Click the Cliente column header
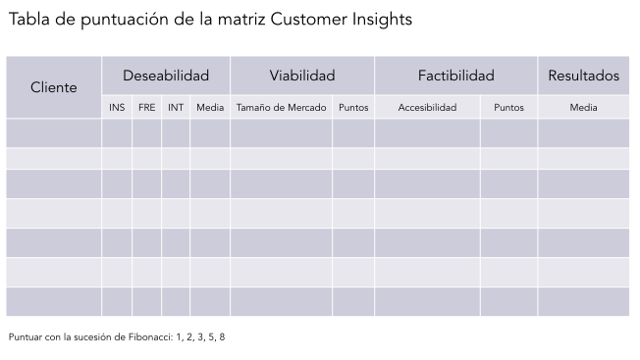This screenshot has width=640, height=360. pos(54,87)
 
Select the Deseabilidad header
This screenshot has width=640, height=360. pos(166,76)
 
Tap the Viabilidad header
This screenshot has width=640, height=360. pos(302,76)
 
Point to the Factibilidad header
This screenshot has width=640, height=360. pos(455,76)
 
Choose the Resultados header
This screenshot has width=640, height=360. pos(583,76)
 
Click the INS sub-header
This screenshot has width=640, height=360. pos(117,108)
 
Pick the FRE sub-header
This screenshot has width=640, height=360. pos(146,108)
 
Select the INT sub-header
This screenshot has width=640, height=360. pos(176,108)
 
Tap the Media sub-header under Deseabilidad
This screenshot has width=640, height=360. pos(210,108)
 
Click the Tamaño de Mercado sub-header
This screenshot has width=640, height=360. pos(281,108)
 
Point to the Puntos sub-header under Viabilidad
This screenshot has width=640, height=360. pos(353,108)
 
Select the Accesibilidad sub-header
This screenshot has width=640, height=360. pos(427,108)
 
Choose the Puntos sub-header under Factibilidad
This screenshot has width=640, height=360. pos(508,108)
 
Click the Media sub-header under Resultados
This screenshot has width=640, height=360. pos(583,108)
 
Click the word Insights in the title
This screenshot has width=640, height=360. pos(381,20)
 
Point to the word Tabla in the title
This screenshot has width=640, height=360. pos(28,20)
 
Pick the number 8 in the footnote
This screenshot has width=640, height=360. pos(222,337)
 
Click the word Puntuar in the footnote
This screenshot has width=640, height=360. pos(26,337)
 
